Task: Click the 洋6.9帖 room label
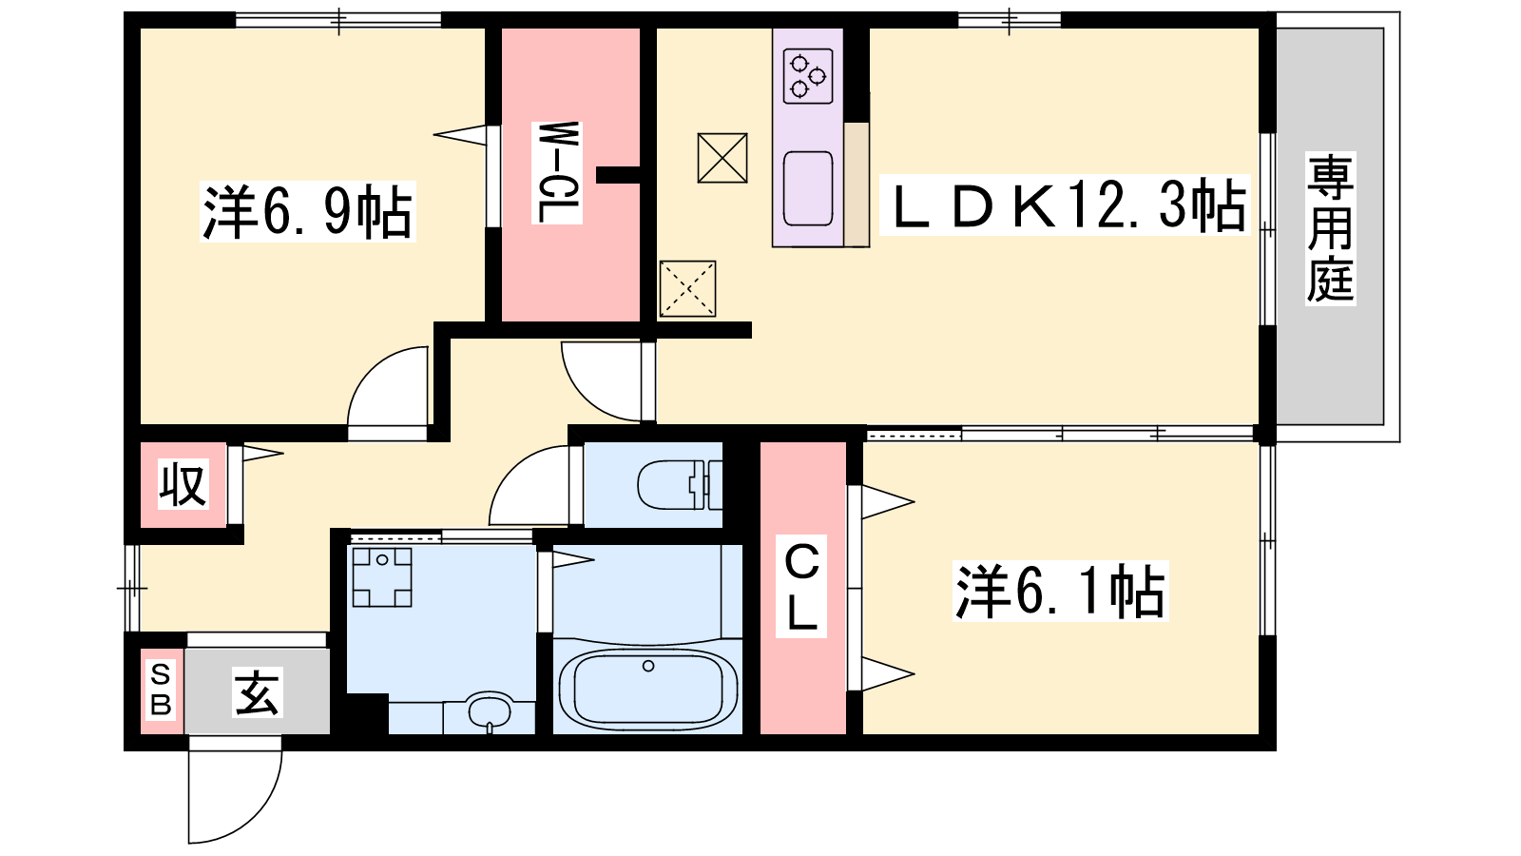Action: click(x=308, y=211)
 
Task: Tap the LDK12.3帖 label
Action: click(x=1065, y=205)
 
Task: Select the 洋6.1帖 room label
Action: click(x=1060, y=591)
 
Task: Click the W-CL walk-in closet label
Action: click(x=557, y=172)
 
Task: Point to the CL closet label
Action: click(x=801, y=587)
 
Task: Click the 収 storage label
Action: click(x=183, y=484)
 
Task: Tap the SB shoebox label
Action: click(x=161, y=691)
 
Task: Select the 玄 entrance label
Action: click(x=258, y=692)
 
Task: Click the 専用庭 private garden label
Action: click(x=1331, y=228)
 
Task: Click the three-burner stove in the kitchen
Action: click(x=808, y=75)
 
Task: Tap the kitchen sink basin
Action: click(x=808, y=188)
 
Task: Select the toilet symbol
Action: click(x=679, y=484)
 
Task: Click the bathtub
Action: click(x=647, y=690)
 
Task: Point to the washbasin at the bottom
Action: click(x=490, y=711)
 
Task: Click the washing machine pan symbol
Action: click(x=381, y=576)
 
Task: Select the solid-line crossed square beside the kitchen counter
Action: click(x=722, y=158)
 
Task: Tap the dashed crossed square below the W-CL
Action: click(x=688, y=289)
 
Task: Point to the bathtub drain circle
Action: click(x=648, y=666)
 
